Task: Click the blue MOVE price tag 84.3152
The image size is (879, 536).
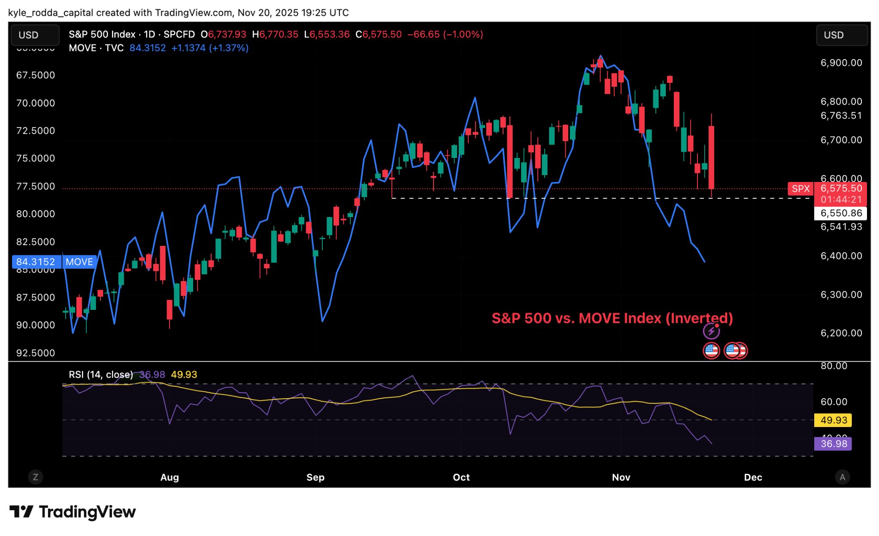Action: tap(36, 262)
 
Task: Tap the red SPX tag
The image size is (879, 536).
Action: tap(800, 189)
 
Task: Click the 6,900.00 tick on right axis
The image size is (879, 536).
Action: tap(841, 63)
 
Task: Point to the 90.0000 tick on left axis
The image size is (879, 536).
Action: tap(36, 325)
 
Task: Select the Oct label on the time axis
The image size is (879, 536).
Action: tap(461, 477)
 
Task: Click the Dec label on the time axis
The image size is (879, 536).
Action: tap(753, 477)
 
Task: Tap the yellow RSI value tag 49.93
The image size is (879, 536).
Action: tap(833, 420)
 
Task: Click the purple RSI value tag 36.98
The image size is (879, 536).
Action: tap(833, 444)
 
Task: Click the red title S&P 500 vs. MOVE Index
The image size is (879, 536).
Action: tap(612, 318)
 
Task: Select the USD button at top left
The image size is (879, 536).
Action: tap(34, 35)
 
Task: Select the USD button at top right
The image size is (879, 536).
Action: tap(841, 35)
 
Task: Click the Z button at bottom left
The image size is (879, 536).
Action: tap(36, 477)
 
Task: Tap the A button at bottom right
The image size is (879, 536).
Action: tap(842, 477)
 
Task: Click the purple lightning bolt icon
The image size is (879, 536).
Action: tap(711, 331)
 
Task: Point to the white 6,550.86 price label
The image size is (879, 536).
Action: tap(841, 213)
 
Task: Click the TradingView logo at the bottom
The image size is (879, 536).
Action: tap(73, 512)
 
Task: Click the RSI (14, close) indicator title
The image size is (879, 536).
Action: tap(101, 375)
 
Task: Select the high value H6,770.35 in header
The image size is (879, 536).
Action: tap(275, 34)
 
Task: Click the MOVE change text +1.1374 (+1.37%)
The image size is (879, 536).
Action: tap(210, 48)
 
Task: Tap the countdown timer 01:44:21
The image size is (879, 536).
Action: tap(841, 200)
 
